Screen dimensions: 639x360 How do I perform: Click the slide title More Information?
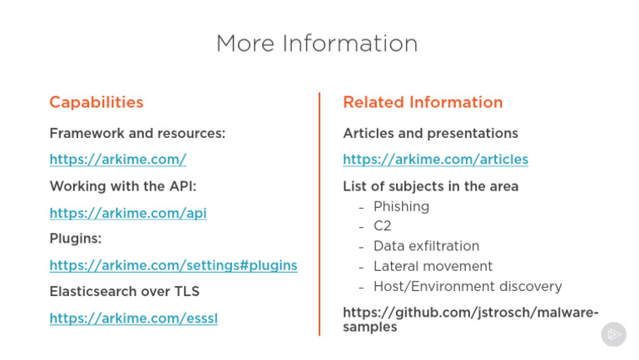tap(317, 43)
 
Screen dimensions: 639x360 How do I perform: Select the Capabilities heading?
tap(97, 102)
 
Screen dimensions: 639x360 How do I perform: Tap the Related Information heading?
tap(423, 102)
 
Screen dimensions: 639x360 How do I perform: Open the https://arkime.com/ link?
tap(118, 160)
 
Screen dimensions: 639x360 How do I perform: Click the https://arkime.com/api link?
tap(128, 213)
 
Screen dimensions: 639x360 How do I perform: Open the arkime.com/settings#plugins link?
tap(173, 265)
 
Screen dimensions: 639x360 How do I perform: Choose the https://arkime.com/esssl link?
tap(133, 318)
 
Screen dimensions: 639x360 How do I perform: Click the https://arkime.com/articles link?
tap(435, 160)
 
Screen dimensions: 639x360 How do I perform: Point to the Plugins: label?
tap(76, 239)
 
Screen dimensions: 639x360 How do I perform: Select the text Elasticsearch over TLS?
tap(124, 292)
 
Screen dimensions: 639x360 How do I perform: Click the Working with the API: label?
tap(122, 186)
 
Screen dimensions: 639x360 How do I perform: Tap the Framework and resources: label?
tap(137, 134)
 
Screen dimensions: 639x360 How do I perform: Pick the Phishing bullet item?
tap(401, 206)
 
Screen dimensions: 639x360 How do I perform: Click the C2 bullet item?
tap(382, 226)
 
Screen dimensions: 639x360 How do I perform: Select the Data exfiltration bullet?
tap(426, 246)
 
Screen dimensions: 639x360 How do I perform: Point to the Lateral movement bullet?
tap(433, 266)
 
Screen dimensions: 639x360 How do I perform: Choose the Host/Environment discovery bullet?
tap(468, 286)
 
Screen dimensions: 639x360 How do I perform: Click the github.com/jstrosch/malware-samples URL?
tap(470, 320)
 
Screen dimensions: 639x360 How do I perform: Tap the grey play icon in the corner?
tap(613, 334)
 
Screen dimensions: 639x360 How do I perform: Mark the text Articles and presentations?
tap(430, 134)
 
